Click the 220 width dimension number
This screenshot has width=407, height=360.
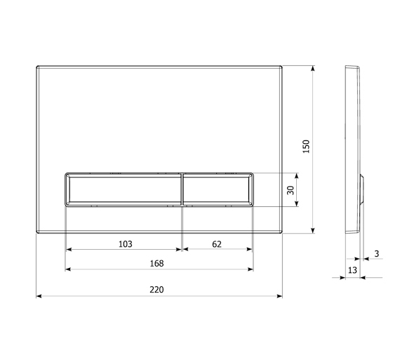[x=156, y=289]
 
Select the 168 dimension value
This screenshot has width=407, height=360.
[x=156, y=263]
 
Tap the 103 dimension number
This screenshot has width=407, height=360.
[x=126, y=244]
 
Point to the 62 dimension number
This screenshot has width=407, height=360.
[x=217, y=244]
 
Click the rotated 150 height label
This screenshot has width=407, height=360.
[x=306, y=147]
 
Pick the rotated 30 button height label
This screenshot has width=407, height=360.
[x=291, y=190]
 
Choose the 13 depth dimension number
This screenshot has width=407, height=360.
[x=352, y=270]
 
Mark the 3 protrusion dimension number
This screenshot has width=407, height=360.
[x=377, y=253]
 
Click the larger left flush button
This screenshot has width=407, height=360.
[x=124, y=189]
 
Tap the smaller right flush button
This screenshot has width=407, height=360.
[x=218, y=189]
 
